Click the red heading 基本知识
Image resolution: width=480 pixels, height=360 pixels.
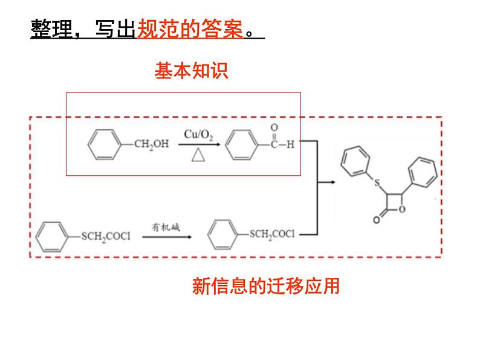191,71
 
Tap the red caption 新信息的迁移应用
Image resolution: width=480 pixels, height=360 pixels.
266,286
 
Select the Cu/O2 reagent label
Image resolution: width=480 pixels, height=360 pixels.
198,135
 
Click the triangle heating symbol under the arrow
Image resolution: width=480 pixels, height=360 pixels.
198,155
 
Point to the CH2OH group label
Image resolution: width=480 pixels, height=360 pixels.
152,144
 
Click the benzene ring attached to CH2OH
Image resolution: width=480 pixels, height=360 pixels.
105,144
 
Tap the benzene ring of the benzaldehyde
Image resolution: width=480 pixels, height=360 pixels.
242,145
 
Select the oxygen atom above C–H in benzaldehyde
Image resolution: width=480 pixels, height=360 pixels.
274,127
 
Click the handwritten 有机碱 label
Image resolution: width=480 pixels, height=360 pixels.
166,227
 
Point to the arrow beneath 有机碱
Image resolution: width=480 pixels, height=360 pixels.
167,237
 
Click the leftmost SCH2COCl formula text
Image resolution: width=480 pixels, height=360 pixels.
106,236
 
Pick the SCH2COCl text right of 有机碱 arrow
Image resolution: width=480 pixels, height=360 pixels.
272,234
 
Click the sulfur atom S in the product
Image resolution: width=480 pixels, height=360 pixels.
377,183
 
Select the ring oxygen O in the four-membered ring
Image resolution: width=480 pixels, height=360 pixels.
402,209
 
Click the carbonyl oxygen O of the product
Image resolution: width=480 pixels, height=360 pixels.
377,219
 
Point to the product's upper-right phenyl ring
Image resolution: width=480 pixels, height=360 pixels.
423,172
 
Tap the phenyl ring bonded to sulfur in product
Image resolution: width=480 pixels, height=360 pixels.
355,161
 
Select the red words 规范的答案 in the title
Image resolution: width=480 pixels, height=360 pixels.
190,29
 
